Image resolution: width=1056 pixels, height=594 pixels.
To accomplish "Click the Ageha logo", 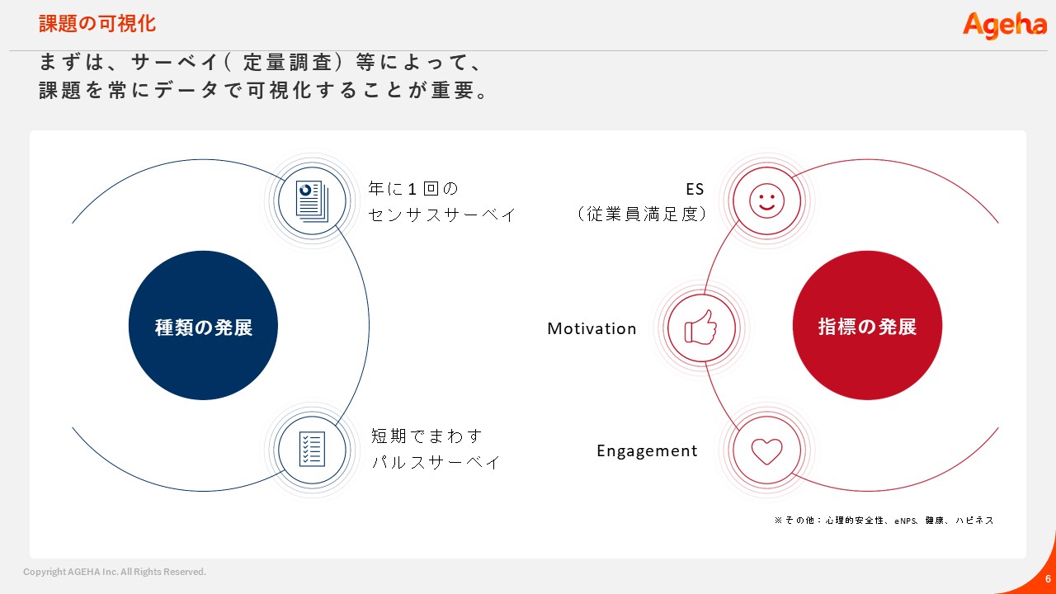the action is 1004,26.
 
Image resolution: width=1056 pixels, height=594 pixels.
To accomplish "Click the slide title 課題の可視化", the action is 97,24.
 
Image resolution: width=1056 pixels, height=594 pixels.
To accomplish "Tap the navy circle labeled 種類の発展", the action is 203,325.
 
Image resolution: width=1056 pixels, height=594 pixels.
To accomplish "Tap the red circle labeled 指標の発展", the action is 867,325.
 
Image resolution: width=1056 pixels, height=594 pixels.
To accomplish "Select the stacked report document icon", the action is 312,201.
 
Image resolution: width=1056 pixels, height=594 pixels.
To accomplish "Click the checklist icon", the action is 312,450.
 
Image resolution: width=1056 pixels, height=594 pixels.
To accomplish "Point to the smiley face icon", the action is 766,200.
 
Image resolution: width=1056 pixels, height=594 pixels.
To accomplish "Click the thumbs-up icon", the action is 701,328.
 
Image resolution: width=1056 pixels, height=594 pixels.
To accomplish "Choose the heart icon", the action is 766,451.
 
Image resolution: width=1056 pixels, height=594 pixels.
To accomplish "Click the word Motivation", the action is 592,328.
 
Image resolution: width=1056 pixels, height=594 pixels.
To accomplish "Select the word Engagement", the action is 647,451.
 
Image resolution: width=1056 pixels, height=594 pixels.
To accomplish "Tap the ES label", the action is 695,189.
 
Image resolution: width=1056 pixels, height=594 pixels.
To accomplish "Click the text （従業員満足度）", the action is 642,214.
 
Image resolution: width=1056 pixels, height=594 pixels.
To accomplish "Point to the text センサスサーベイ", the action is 442,215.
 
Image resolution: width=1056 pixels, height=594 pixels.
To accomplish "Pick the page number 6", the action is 1048,578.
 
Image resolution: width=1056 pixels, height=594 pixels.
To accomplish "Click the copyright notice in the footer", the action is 115,572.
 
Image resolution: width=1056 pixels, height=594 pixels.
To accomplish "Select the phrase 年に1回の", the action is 413,189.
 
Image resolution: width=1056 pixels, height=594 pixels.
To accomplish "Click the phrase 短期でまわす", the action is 427,436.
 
